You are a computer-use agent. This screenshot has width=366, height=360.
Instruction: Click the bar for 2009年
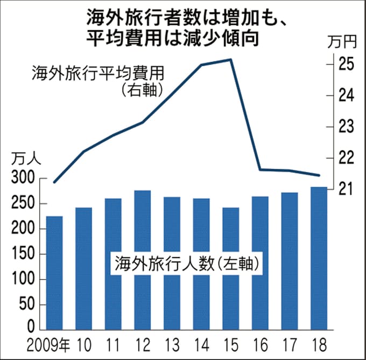54,273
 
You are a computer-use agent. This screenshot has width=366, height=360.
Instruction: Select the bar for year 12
142,260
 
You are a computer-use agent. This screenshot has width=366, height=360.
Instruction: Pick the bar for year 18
319,258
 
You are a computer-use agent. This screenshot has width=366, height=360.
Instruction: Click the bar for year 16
260,263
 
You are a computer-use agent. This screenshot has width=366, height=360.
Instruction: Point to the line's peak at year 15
230,59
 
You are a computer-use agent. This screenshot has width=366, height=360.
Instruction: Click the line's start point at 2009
54,182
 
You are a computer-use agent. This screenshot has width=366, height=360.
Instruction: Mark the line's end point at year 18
319,175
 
